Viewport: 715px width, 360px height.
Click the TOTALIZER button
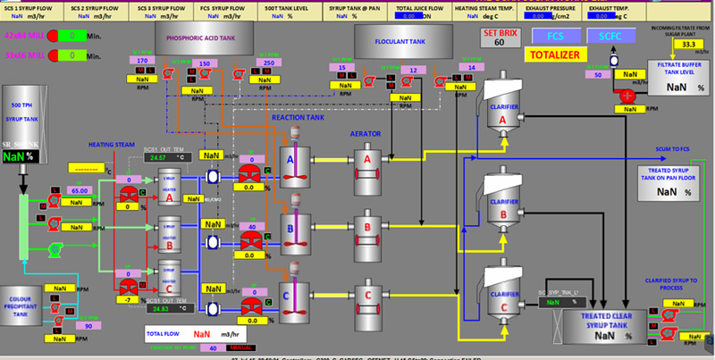point(554,54)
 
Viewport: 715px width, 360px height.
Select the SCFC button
point(610,36)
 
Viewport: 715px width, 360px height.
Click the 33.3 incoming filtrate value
point(687,43)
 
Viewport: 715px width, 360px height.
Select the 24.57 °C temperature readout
point(162,156)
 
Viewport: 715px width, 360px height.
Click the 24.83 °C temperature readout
point(162,308)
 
